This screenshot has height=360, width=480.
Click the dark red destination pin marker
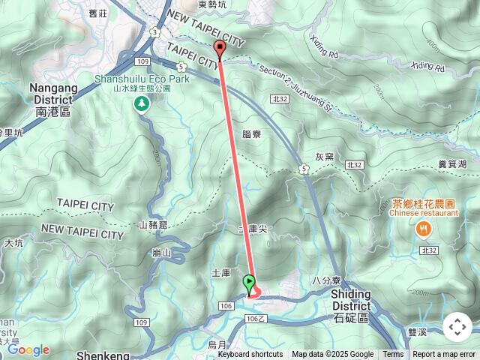(220, 50)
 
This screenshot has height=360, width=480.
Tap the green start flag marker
(250, 283)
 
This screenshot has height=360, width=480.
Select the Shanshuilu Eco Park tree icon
(141, 106)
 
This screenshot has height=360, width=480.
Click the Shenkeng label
(103, 355)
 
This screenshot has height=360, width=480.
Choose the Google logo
(28, 349)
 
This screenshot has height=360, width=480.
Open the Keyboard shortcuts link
(250, 355)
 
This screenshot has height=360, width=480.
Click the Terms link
(393, 355)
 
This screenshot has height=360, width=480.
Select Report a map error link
(445, 355)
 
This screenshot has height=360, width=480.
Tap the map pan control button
(457, 327)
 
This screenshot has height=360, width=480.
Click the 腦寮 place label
(252, 134)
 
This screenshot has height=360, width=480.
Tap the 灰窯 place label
(324, 157)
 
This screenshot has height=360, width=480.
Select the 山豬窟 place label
(154, 225)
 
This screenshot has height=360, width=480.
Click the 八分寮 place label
(327, 280)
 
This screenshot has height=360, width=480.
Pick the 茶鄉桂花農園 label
(424, 203)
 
